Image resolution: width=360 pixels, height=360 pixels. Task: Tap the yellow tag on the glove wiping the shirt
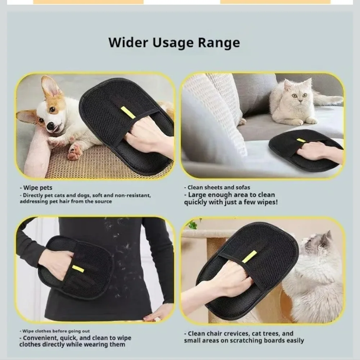tap(78, 269)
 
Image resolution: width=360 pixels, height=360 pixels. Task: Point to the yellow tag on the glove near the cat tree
tap(249, 257)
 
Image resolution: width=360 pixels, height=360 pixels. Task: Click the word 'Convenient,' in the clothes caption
tap(41, 338)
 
